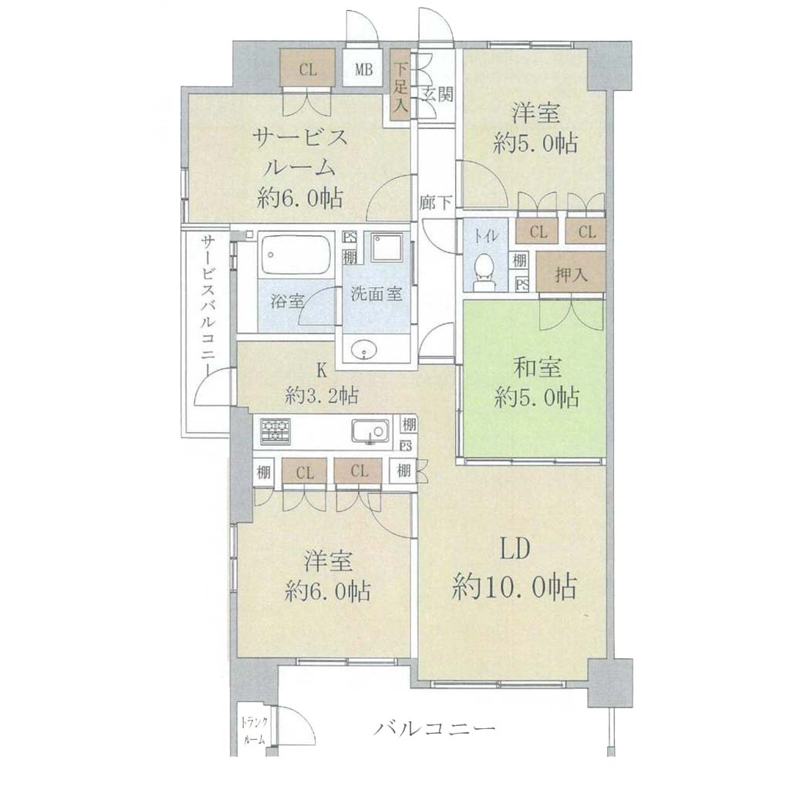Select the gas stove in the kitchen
tap(275, 431)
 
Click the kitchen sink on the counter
tap(370, 432)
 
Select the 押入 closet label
tap(571, 274)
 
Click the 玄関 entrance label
tap(437, 93)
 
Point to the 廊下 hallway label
tap(436, 203)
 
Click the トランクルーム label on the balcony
tap(255, 730)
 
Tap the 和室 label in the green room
tap(537, 369)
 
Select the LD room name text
tap(515, 550)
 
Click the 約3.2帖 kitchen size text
tap(322, 395)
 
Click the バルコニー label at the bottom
tap(434, 728)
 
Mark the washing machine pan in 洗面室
tap(387, 248)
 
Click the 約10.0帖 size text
tap(515, 586)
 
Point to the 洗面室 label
tap(376, 294)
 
